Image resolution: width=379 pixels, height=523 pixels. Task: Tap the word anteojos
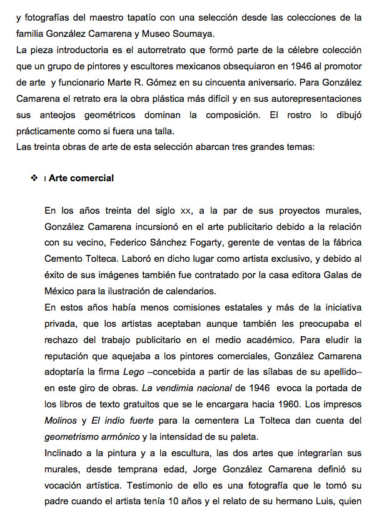pos(63,99)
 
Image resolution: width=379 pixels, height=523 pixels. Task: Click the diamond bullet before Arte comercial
pos(33,179)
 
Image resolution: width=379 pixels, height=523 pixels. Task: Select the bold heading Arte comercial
pos(81,178)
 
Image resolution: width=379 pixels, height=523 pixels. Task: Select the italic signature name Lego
pos(129,372)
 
